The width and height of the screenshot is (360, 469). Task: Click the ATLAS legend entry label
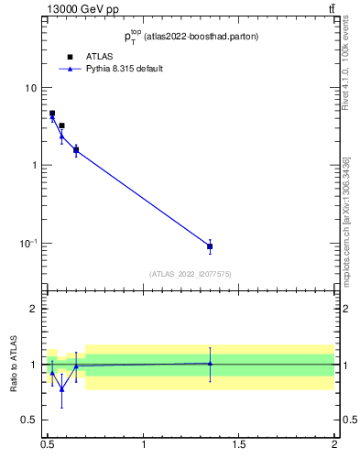[98, 57]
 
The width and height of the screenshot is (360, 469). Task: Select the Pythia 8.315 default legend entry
[124, 69]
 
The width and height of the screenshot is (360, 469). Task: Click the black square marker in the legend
[70, 57]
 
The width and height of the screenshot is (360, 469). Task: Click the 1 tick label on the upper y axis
[35, 166]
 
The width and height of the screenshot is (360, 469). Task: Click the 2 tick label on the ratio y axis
[35, 309]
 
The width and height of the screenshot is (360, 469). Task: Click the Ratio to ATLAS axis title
[13, 364]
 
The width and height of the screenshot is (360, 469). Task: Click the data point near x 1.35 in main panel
[210, 246]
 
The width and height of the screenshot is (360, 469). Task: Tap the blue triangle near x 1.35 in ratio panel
[210, 363]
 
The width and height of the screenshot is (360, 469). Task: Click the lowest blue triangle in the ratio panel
[61, 388]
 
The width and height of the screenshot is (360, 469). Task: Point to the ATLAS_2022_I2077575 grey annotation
[191, 274]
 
